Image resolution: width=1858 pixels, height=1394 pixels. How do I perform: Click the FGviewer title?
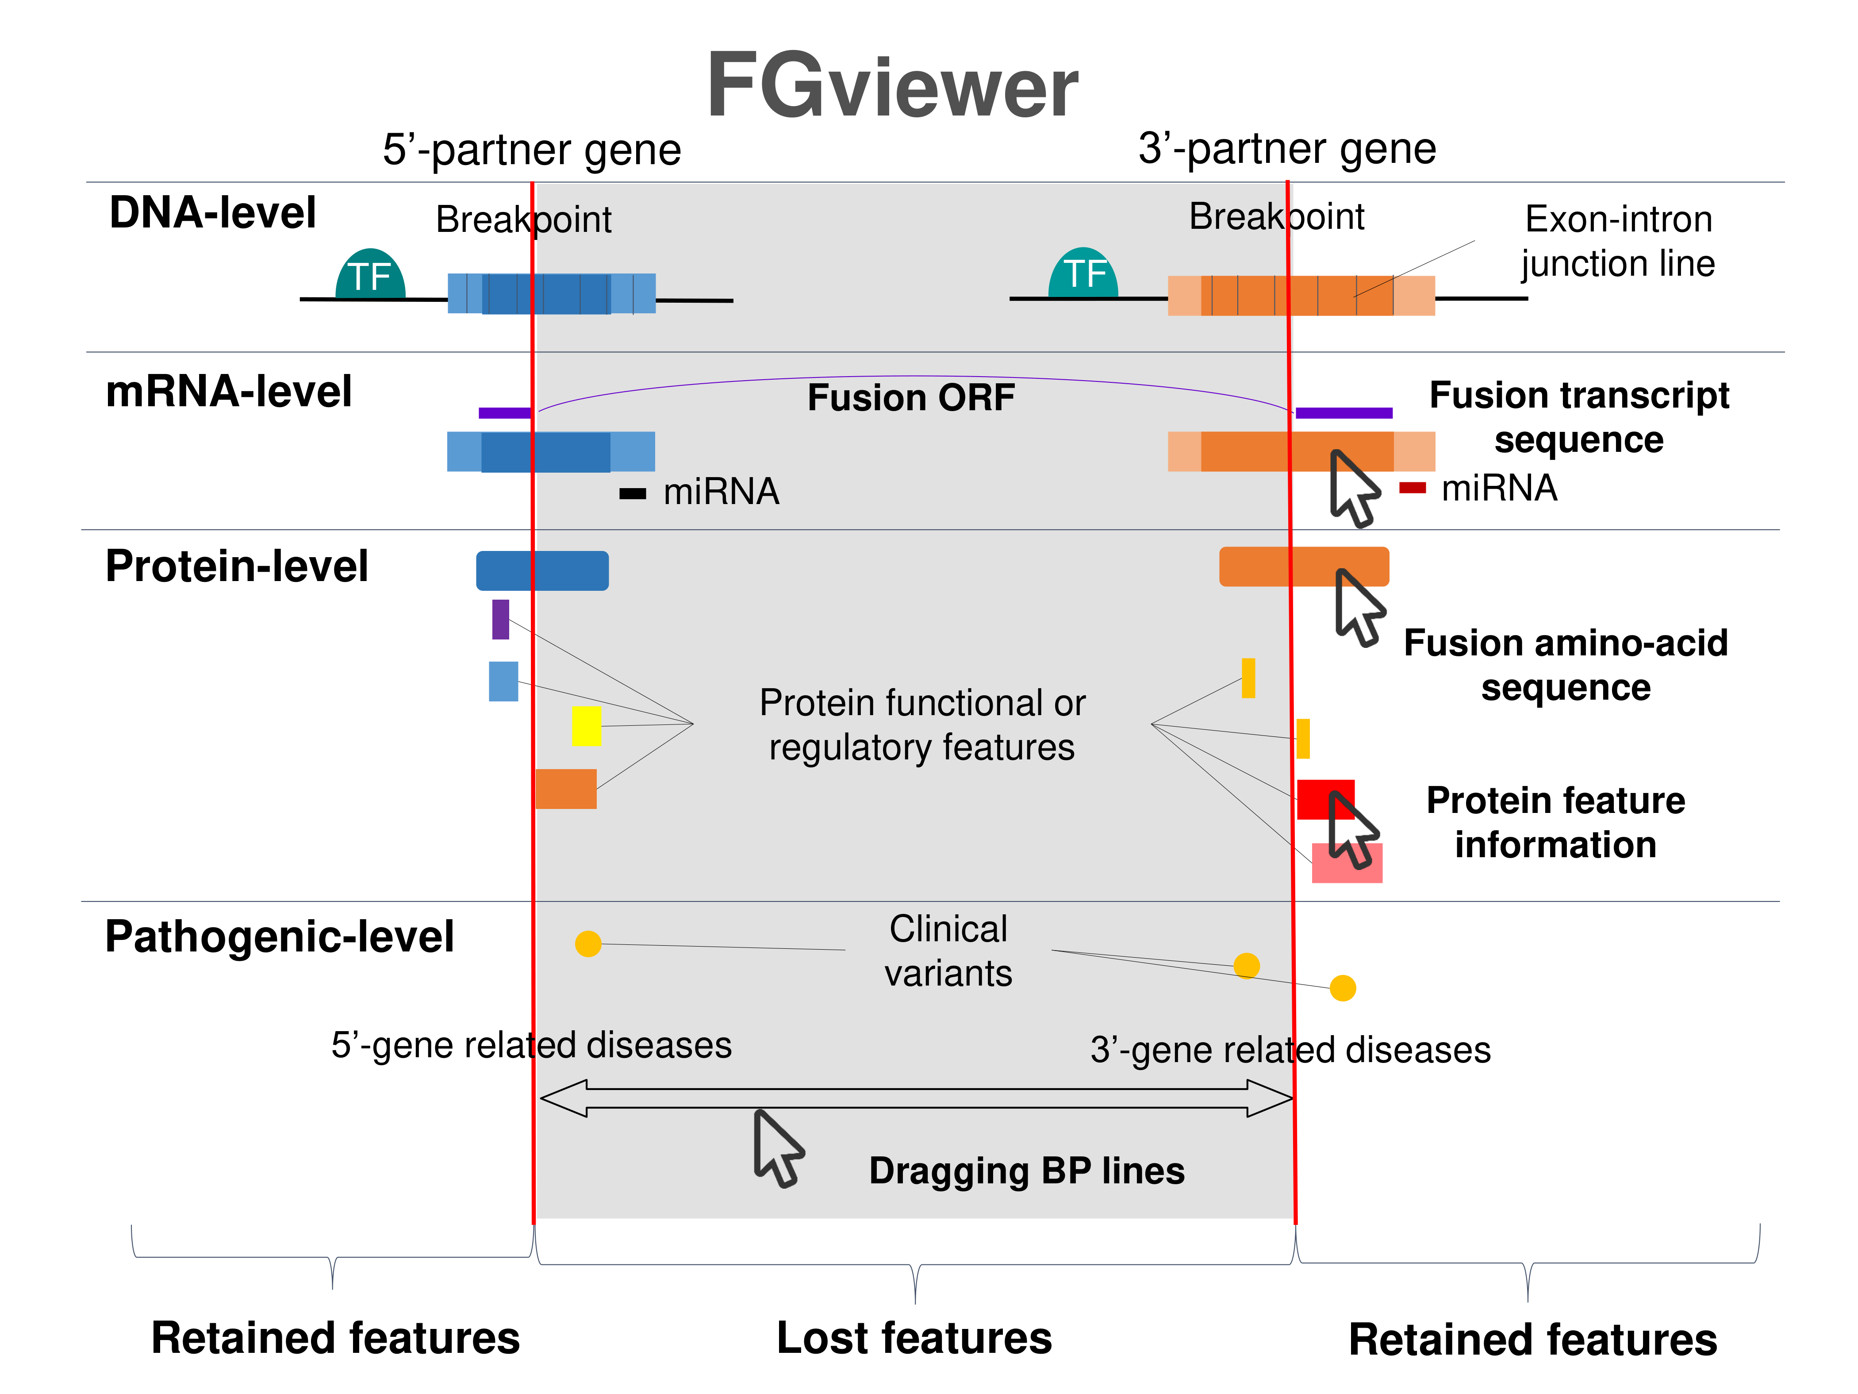tap(892, 86)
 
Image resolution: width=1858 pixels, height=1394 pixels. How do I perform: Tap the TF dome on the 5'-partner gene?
tap(370, 275)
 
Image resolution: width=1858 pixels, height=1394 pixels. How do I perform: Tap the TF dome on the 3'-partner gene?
tap(1083, 273)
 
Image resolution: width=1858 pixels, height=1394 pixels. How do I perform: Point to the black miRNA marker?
tap(633, 494)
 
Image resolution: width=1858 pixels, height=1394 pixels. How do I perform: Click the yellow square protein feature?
tap(586, 725)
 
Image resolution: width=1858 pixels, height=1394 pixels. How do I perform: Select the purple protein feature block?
tap(501, 619)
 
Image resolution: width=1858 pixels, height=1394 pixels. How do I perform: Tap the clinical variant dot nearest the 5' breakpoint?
tap(588, 943)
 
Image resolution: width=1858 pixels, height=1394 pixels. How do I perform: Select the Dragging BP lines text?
tap(1026, 1171)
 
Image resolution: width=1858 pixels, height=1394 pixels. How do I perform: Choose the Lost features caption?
tap(914, 1338)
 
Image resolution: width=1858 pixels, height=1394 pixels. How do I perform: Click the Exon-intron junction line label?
tap(1618, 241)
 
